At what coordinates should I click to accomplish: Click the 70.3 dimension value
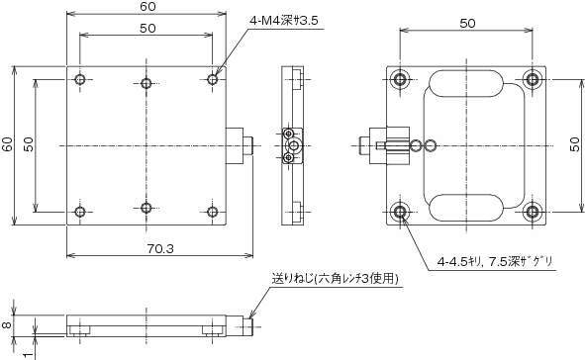point(160,248)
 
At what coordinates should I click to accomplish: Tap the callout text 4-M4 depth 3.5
point(284,21)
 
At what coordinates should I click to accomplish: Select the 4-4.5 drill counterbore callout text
point(496,262)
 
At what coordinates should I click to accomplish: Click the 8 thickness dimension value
point(7,325)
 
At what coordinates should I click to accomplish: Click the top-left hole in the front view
point(80,79)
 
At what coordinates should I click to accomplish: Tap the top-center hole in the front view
point(146,83)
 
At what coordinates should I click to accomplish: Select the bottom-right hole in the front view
point(213,212)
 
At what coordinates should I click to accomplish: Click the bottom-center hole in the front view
point(146,208)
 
